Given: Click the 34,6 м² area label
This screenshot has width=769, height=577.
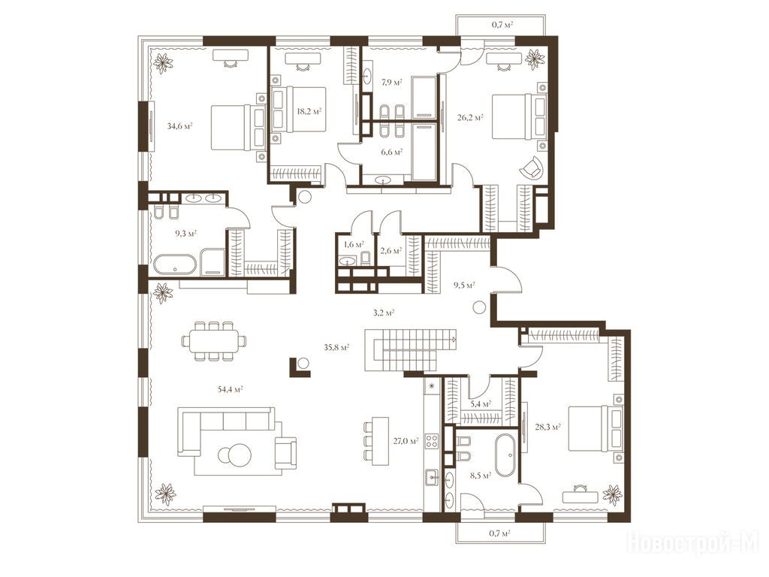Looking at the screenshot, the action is [x=179, y=125].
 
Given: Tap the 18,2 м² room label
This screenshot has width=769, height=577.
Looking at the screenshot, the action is [x=309, y=111].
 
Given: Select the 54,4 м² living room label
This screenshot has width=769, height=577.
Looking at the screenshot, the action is [x=231, y=389].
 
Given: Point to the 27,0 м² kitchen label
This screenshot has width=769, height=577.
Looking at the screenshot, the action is [x=406, y=440].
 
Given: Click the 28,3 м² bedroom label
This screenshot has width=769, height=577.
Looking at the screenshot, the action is [x=549, y=427].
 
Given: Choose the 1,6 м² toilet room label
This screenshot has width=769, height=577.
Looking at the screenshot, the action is [x=353, y=244].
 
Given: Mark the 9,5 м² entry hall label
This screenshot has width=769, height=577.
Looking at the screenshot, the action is [x=464, y=284].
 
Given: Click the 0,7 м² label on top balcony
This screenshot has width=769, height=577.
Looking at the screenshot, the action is [x=502, y=25].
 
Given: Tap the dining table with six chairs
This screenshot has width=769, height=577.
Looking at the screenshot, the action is [x=214, y=341].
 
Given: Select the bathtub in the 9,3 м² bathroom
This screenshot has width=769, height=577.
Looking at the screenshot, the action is [x=175, y=265].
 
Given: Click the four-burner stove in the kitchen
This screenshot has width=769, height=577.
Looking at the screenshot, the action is [x=432, y=440].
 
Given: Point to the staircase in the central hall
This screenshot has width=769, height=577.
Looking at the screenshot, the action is [x=411, y=350].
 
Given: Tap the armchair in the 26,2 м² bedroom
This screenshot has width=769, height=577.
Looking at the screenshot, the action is [x=532, y=168].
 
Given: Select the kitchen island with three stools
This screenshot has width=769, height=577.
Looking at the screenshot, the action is [x=377, y=441].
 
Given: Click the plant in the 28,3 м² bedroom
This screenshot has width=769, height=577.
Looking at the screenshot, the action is [x=612, y=494].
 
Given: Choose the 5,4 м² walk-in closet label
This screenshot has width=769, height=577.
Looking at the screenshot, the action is [x=481, y=404].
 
